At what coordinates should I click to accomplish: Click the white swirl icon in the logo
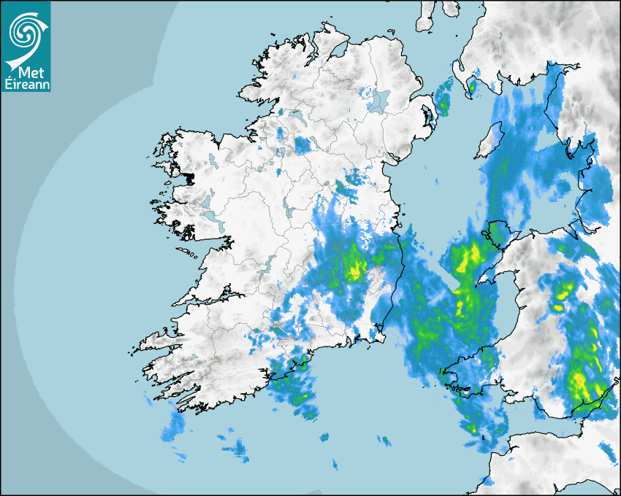[25, 31]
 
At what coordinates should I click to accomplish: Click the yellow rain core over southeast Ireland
[355, 268]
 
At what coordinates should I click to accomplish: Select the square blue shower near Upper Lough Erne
[302, 145]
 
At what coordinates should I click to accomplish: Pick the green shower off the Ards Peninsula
[443, 101]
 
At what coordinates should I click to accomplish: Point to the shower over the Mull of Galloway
[471, 87]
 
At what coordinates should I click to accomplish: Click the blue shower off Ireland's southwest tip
[173, 427]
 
